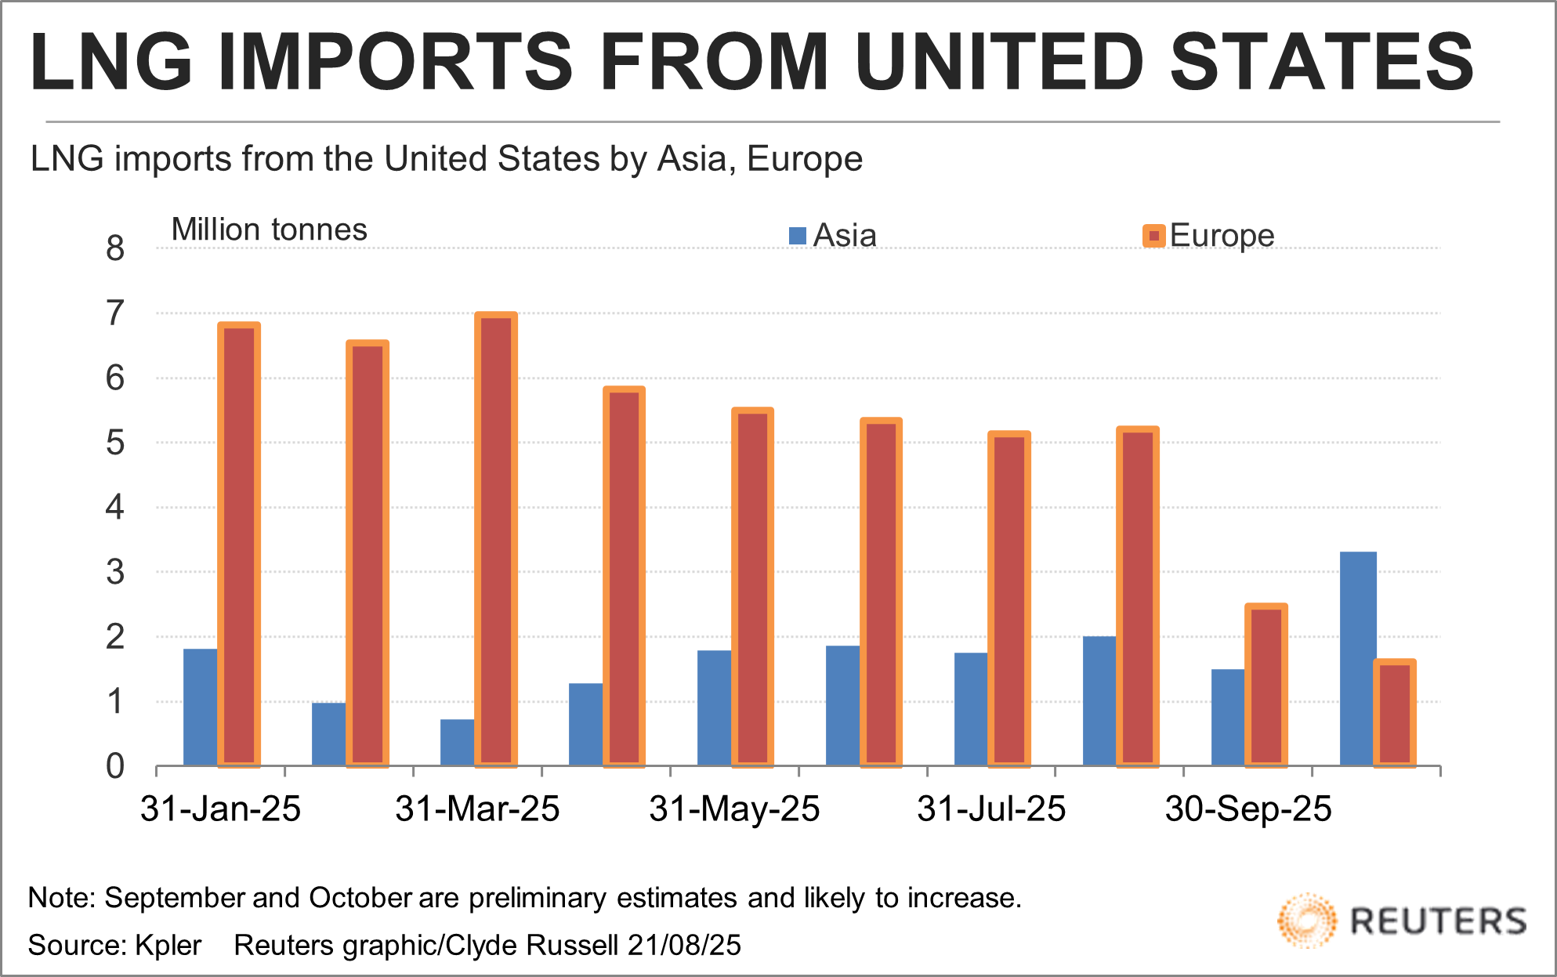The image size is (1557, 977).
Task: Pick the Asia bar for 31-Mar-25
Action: point(458,742)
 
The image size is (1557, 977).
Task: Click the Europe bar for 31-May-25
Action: point(753,587)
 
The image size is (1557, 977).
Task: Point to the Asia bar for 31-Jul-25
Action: point(972,709)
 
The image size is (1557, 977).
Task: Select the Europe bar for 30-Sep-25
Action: point(1266,685)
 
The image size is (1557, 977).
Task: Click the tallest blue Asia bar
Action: point(1358,658)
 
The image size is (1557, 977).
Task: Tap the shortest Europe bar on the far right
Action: point(1395,713)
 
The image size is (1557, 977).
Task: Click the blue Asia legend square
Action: point(798,236)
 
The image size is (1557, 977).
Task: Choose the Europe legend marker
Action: point(1153,236)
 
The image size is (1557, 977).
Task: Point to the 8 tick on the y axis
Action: point(115,248)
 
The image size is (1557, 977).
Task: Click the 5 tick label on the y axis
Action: point(115,443)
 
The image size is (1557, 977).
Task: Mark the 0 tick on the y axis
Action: point(115,766)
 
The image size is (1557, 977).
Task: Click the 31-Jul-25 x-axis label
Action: point(991,809)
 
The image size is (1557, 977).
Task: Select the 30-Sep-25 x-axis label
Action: point(1248,809)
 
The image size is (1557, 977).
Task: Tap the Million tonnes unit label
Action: point(269,230)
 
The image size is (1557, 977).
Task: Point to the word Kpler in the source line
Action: point(168,945)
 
